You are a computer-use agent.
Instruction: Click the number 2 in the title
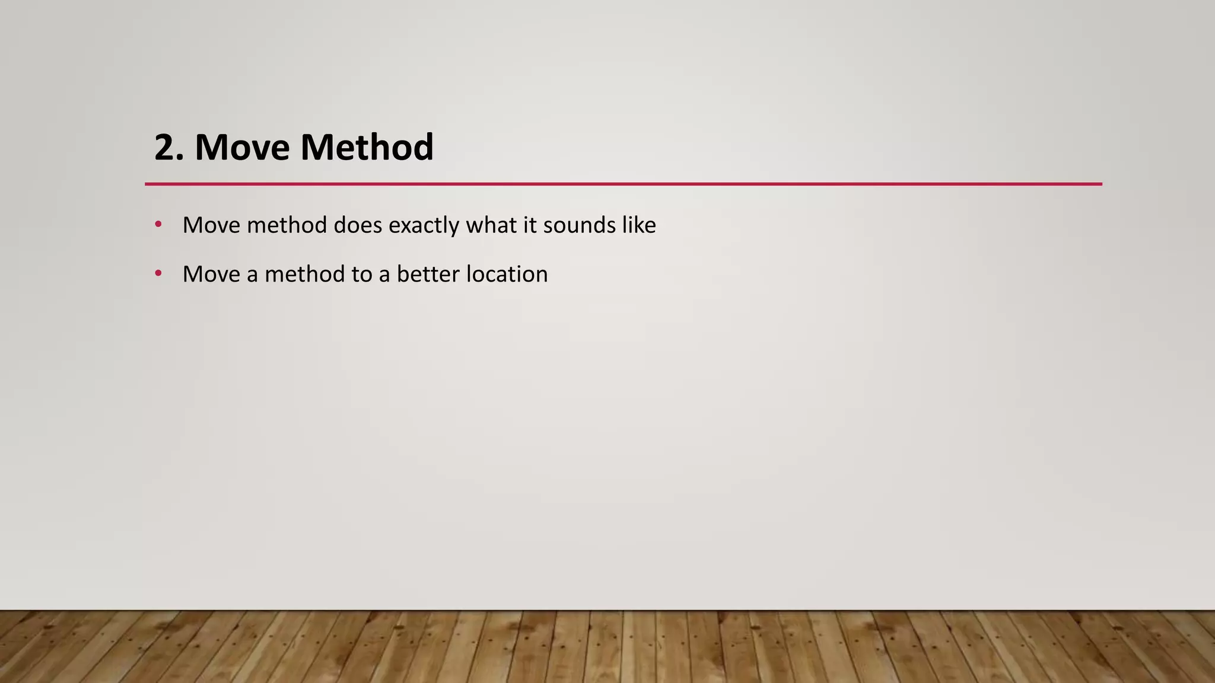(x=165, y=148)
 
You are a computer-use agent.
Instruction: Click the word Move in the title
(x=243, y=148)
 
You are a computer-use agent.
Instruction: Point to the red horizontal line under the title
(x=623, y=184)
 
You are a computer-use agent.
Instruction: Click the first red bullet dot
(x=158, y=224)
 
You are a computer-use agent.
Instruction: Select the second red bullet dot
(x=158, y=273)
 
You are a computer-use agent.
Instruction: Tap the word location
(x=507, y=275)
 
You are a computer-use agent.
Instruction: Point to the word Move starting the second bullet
(x=211, y=275)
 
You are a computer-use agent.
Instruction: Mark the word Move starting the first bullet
(x=211, y=225)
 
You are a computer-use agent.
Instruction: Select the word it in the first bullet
(x=529, y=225)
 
